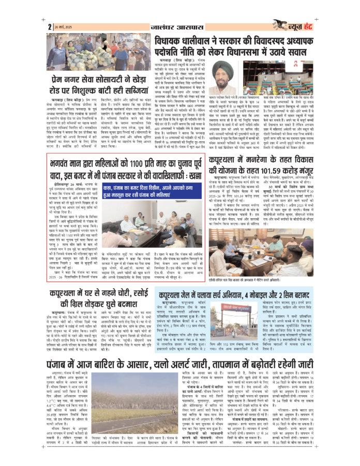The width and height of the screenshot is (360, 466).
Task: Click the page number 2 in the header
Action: (x=50, y=26)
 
